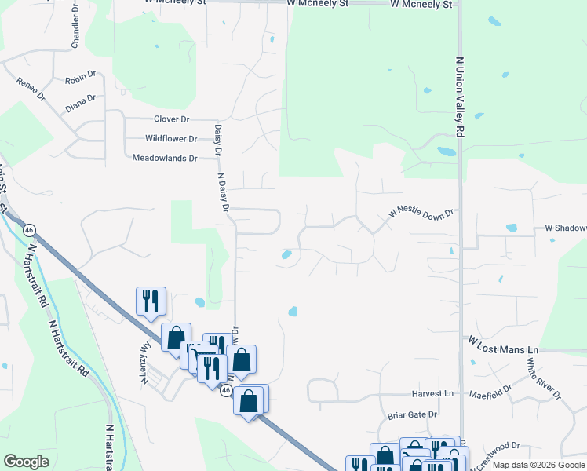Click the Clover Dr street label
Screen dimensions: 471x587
point(172,119)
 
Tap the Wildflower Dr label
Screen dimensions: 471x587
point(170,139)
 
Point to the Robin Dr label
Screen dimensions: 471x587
point(79,79)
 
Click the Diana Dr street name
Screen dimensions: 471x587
point(80,103)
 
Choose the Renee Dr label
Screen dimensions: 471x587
point(31,88)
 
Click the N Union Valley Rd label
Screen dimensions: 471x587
point(460,93)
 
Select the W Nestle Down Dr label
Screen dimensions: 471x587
point(422,214)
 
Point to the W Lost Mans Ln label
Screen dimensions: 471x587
point(505,345)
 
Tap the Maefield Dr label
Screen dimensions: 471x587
point(490,391)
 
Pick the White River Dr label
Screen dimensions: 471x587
point(543,378)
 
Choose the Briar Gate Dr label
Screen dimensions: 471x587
point(412,414)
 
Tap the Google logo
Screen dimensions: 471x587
point(26,462)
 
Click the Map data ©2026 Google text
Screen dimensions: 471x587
point(538,466)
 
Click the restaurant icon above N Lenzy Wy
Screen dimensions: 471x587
point(150,301)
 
